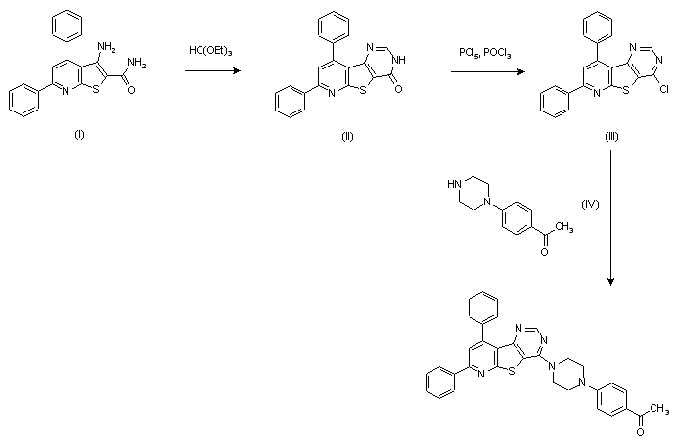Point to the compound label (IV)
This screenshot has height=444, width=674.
[590, 204]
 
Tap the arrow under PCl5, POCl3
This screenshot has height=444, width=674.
[483, 70]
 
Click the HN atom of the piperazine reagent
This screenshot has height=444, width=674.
[451, 183]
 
